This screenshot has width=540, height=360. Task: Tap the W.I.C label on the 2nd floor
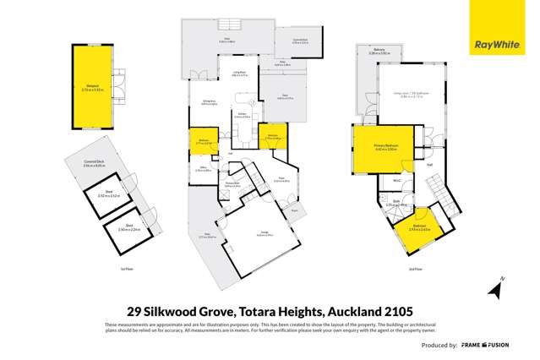tap(395, 181)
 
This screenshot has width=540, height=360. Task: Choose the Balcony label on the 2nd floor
tap(379, 51)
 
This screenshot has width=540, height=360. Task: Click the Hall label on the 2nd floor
tap(429, 164)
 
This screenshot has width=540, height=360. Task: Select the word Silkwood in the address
tap(180, 309)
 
